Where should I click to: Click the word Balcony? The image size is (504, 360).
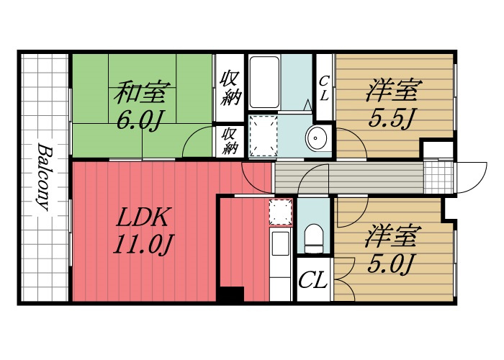point(44,177)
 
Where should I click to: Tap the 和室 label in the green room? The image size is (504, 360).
point(141,92)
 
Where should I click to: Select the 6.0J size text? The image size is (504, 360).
point(138,121)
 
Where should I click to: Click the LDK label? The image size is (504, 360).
point(142,217)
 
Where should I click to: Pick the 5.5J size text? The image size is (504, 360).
point(390,118)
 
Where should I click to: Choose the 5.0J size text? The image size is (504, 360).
point(389,264)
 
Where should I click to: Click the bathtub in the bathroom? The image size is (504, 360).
point(264,82)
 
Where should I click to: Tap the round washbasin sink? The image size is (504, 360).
point(316,138)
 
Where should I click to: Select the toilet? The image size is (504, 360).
point(313,238)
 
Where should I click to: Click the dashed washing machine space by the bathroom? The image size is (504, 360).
point(264,136)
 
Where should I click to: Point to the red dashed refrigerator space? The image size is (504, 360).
point(281,212)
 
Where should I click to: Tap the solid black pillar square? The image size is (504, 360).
point(230,294)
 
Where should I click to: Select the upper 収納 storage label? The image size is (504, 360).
point(230,88)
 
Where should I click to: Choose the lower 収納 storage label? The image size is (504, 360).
point(230,140)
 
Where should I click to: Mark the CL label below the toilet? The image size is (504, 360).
point(312,280)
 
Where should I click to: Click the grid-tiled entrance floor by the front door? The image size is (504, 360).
point(438,176)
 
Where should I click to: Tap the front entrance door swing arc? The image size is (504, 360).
point(478,184)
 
